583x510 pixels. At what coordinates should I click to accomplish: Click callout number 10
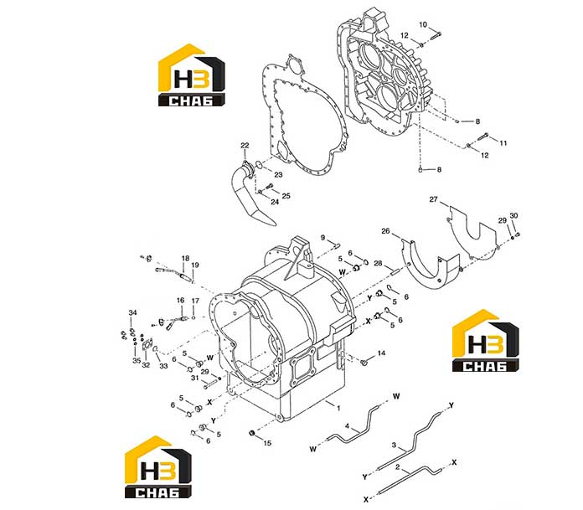tap(423, 24)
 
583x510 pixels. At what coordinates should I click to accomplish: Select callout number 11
tap(503, 143)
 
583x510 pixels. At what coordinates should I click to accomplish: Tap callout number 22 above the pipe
tap(245, 146)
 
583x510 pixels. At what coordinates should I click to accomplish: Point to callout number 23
tap(278, 175)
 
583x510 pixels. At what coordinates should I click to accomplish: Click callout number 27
tap(434, 199)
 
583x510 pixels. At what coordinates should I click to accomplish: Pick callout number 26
tap(385, 231)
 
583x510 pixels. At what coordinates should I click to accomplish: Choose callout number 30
tap(513, 215)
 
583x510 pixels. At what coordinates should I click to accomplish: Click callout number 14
tap(381, 353)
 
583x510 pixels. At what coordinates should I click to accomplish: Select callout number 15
tap(267, 443)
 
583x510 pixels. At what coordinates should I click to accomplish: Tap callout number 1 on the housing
tap(338, 408)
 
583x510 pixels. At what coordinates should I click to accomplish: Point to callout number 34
tap(132, 312)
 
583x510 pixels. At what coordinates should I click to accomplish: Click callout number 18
tap(185, 258)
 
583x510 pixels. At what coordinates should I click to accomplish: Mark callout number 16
tap(180, 301)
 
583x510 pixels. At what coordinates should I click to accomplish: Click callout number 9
tap(322, 238)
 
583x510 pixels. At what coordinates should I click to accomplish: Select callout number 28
tap(378, 263)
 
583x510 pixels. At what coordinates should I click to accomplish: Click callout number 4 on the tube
tap(347, 426)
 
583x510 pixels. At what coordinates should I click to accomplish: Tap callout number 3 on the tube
tap(395, 445)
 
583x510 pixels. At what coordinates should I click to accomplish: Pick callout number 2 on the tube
tap(398, 467)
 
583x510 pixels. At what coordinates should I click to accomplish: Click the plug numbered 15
tap(252, 433)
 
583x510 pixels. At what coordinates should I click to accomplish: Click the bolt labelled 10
tap(436, 36)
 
